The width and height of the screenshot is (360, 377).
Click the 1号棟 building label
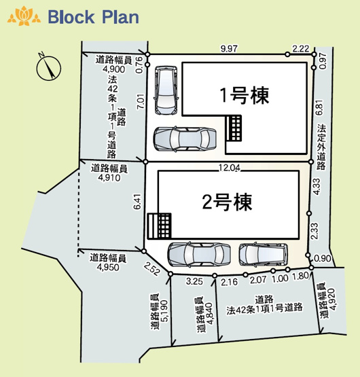243,95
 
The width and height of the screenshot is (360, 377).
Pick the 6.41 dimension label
139,202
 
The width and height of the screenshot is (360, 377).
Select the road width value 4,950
107,268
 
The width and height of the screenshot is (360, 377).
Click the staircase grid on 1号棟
234,128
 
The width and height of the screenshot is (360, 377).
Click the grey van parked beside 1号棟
166,89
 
